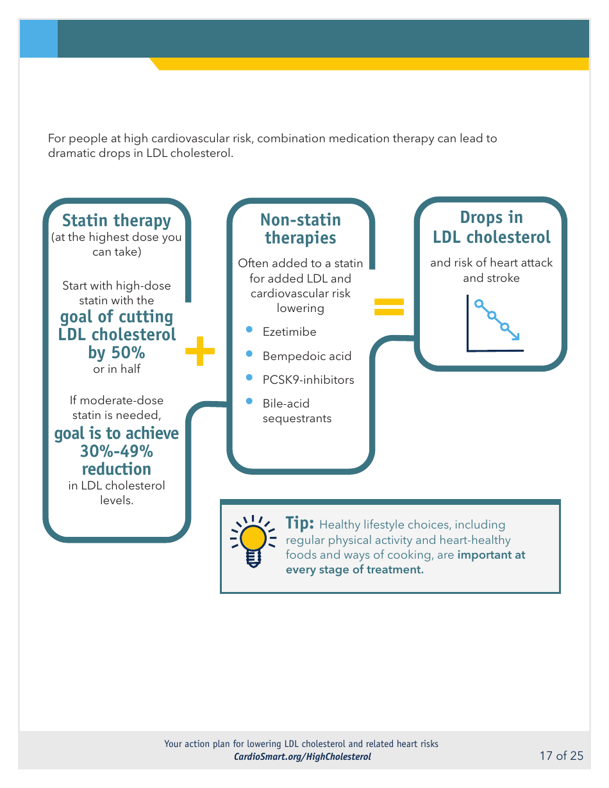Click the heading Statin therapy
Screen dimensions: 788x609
[116, 220]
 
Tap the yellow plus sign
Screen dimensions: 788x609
[200, 350]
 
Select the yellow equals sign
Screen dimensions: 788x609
[388, 307]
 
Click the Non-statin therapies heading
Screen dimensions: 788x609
[300, 229]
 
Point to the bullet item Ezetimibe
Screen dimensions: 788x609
[289, 332]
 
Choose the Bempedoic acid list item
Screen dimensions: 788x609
[306, 356]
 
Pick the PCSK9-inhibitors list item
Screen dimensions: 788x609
[308, 380]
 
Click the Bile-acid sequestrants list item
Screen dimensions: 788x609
[297, 411]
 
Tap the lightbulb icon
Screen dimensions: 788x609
[253, 541]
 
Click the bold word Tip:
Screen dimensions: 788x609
[299, 523]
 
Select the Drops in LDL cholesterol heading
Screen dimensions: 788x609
[491, 227]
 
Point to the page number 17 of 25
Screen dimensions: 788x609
[562, 756]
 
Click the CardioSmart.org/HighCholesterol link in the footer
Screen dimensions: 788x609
[302, 757]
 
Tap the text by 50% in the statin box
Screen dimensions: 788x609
[116, 352]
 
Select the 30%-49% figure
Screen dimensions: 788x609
[116, 451]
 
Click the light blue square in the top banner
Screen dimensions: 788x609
[38, 38]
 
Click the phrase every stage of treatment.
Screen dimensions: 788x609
[355, 570]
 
